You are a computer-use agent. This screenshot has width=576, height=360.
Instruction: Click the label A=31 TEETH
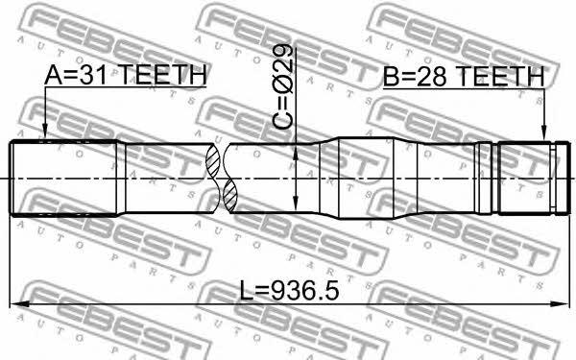pos(125,75)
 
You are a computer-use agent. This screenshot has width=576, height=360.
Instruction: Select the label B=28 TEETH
pos(464,77)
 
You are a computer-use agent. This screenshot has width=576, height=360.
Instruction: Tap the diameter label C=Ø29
pos(283,86)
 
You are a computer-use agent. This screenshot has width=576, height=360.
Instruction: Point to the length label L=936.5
pos(289,290)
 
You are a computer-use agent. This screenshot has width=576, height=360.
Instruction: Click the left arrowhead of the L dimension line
pos(19,303)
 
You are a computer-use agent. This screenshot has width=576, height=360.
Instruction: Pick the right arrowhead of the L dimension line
pos(559,303)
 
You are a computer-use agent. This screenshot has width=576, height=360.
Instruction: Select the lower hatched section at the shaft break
pos(230,196)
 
